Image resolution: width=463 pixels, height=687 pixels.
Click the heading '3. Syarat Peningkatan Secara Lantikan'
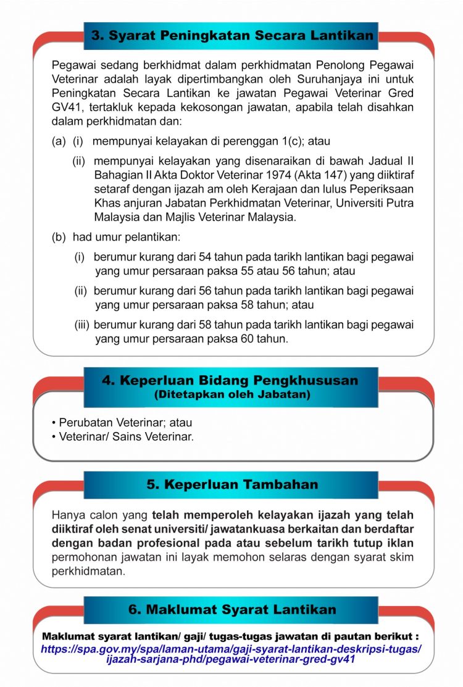coord(232,35)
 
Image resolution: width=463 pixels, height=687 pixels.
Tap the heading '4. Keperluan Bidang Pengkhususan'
coord(230,380)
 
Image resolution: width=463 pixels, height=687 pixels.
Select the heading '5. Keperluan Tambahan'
coord(232,485)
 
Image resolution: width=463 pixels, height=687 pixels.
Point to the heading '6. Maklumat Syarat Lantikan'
coord(232,609)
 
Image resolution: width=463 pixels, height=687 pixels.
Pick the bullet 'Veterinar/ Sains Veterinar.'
coord(126,437)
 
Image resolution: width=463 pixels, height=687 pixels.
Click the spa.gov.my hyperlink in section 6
coord(231,654)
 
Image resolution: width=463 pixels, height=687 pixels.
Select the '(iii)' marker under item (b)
coord(82,325)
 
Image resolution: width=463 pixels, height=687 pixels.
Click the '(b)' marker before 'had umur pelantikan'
coord(59,236)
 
